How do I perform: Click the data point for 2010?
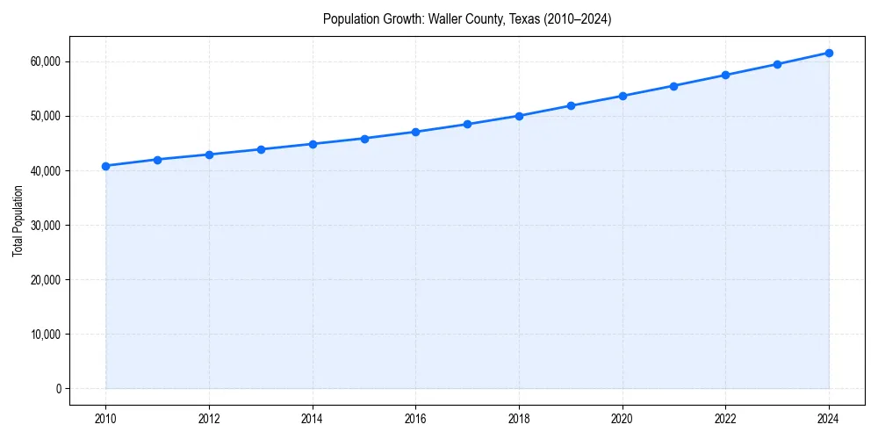105,166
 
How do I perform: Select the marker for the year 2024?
829,53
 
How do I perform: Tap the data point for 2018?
519,116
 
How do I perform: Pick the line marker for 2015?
364,139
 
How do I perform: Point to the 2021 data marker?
673,86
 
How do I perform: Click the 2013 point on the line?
261,149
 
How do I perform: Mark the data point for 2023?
777,64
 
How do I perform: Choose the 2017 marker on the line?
467,124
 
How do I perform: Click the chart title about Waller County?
467,18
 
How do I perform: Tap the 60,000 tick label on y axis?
44,61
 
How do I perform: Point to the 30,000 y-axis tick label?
44,225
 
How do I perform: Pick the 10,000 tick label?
44,334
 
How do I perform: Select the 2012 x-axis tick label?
209,418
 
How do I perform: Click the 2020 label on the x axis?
623,418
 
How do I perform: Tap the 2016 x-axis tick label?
415,418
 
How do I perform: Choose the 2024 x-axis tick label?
829,418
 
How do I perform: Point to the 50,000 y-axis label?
44,116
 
